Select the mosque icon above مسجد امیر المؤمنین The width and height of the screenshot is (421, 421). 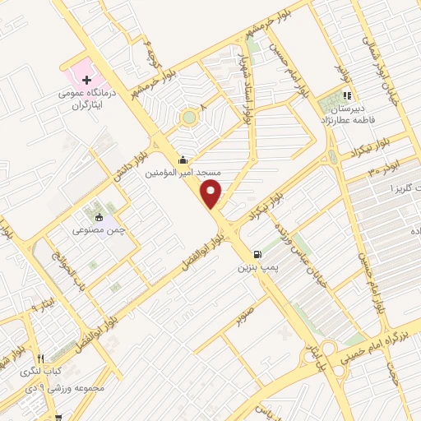[182, 160]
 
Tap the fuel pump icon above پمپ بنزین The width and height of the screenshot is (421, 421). [259, 254]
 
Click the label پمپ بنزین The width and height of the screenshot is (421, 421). [260, 268]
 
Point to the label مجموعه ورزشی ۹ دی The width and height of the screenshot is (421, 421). [57, 386]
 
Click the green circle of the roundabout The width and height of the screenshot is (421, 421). [189, 118]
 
